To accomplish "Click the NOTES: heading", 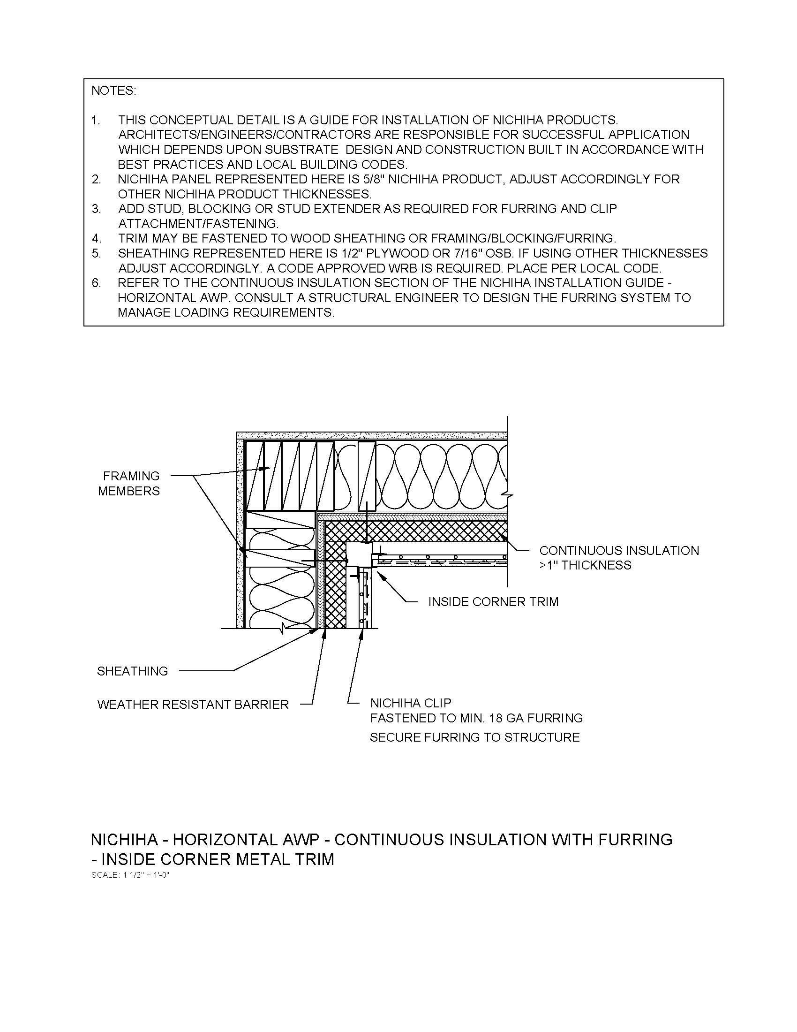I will [x=113, y=91].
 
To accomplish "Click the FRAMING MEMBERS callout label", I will [x=129, y=483].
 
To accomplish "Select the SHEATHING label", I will [x=132, y=671].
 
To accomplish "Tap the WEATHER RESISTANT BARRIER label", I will [x=193, y=705].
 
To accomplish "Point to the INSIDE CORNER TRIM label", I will [x=493, y=601].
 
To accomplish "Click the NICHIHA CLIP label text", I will [x=411, y=703].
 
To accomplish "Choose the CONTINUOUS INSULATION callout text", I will [x=619, y=551].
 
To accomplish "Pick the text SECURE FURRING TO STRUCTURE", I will [x=474, y=737].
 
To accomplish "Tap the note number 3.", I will [x=96, y=209].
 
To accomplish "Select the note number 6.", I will [x=96, y=283].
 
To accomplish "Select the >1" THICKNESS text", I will [x=585, y=565].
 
